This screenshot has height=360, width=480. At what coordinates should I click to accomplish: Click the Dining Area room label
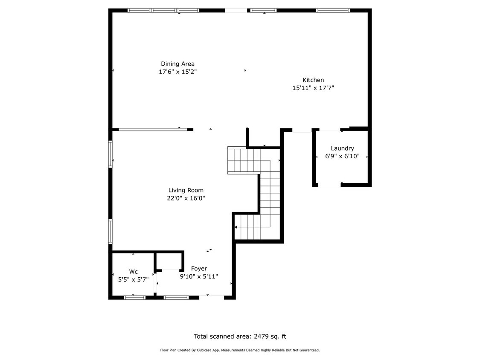[x=177, y=64]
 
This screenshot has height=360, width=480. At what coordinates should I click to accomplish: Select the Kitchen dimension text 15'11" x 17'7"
[x=313, y=88]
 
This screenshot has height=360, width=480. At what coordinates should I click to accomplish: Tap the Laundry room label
[x=342, y=148]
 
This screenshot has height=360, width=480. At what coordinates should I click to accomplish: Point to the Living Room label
[x=186, y=190]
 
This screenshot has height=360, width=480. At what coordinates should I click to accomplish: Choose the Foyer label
[x=199, y=268]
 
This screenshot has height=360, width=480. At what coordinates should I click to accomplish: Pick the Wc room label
[x=134, y=272]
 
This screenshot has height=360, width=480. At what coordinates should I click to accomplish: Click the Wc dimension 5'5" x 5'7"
[x=133, y=279]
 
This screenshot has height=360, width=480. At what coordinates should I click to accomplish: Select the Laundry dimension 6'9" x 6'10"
[x=342, y=156]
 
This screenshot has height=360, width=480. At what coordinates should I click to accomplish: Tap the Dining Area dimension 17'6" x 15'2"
[x=177, y=72]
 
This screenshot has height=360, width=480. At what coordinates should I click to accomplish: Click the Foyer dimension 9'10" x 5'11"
[x=199, y=276]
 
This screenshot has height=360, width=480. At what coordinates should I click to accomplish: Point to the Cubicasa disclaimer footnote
[x=240, y=350]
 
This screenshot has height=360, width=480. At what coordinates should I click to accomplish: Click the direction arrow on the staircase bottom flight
[x=236, y=227]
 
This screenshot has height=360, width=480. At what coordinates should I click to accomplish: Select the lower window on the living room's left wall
[x=110, y=232]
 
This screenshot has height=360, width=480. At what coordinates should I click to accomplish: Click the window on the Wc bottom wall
[x=134, y=297]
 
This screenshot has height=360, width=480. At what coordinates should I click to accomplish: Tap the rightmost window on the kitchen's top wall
[x=333, y=10]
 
